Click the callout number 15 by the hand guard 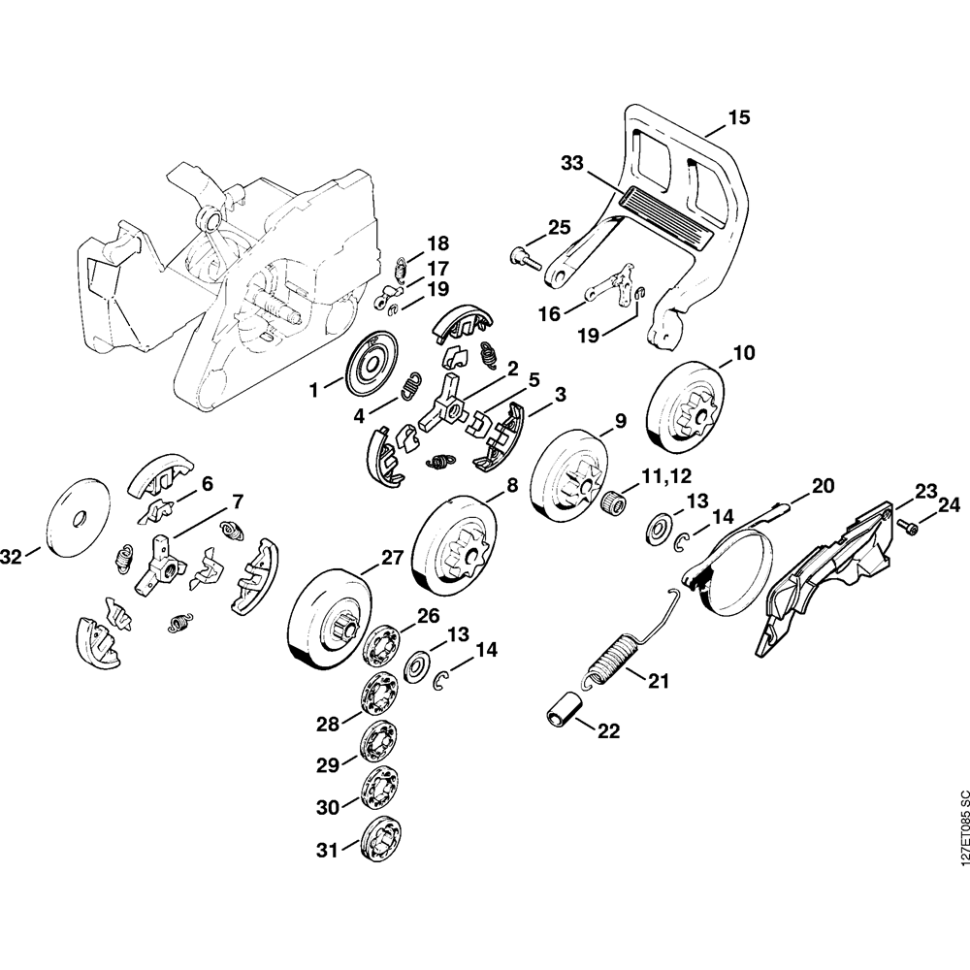[738, 118]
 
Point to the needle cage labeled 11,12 [608, 503]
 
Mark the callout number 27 [391, 559]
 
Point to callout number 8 [511, 484]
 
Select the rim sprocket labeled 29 [374, 744]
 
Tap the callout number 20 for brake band [822, 485]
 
